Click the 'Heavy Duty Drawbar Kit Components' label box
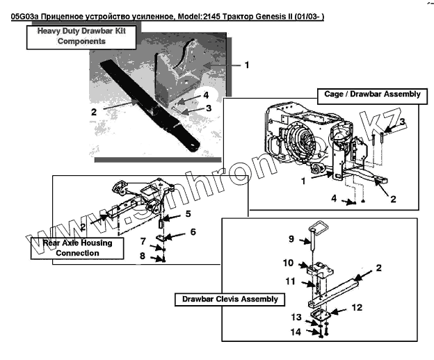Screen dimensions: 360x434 [x=67, y=36]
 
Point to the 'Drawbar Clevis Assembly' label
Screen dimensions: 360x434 [x=230, y=300]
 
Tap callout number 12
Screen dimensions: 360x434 [x=356, y=306]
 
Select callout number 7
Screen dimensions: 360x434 [x=143, y=241]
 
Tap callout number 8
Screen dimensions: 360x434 [x=143, y=256]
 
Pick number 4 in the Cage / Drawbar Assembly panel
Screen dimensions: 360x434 [x=334, y=198]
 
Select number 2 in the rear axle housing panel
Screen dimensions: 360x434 [x=83, y=227]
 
